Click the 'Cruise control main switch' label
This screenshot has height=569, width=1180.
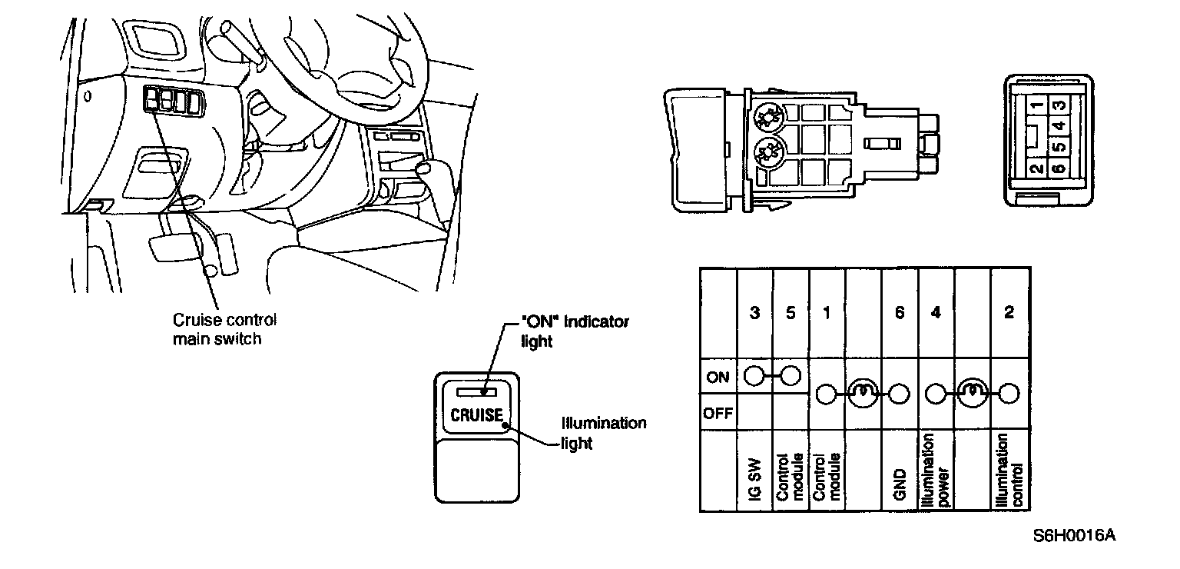[223, 328]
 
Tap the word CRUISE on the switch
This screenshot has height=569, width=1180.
[476, 416]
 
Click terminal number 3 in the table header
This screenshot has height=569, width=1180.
[755, 312]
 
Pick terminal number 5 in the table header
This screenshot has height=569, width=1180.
[791, 312]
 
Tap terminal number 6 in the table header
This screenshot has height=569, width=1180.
[900, 312]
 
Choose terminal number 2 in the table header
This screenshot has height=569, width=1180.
[1009, 312]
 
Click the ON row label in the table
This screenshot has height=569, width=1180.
[718, 377]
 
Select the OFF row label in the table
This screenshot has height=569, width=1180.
[718, 414]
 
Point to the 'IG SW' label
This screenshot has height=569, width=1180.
[754, 484]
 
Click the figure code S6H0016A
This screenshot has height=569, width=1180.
[1073, 535]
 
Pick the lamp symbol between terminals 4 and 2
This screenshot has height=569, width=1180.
[973, 394]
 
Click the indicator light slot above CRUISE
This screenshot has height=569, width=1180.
[476, 391]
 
